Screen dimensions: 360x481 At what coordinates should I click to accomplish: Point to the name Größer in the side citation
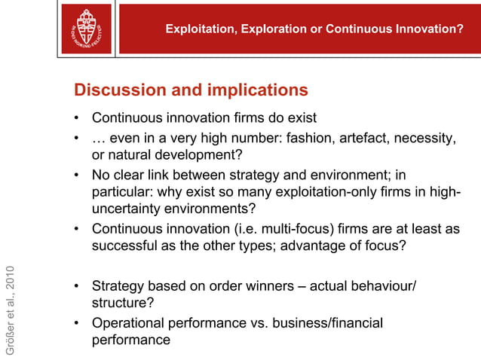tap(10, 337)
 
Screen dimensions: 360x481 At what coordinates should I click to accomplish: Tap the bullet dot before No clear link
tap(78, 175)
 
